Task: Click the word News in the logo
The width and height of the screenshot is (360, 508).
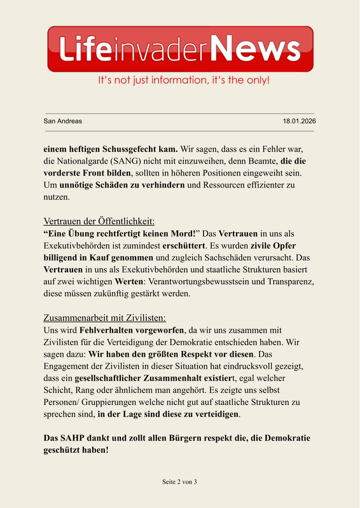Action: click(254, 49)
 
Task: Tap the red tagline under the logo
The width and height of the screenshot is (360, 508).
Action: click(183, 81)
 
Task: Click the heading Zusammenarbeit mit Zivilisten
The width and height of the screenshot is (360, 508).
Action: click(104, 318)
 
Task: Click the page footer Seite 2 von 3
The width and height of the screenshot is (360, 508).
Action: click(179, 482)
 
